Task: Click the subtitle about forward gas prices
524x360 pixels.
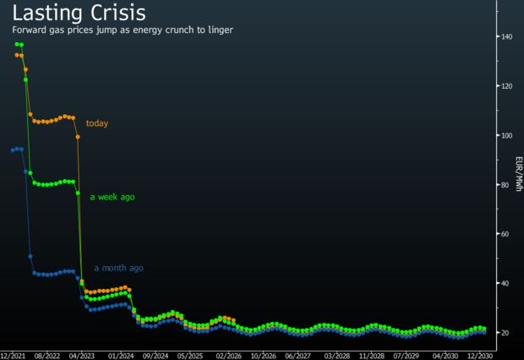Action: point(122,30)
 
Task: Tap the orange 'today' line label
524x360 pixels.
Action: point(97,123)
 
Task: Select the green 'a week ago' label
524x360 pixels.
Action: point(112,197)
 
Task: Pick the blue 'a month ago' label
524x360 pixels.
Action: point(118,268)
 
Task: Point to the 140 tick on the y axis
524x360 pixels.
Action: point(506,37)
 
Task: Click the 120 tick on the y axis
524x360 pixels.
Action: point(506,86)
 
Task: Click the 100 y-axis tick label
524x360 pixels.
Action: point(506,135)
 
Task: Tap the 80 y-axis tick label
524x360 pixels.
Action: point(505,185)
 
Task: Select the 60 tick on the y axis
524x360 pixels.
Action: point(505,234)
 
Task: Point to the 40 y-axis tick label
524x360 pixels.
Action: point(505,283)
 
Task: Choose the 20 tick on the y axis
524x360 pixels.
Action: point(505,333)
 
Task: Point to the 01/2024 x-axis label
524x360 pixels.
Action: point(122,355)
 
